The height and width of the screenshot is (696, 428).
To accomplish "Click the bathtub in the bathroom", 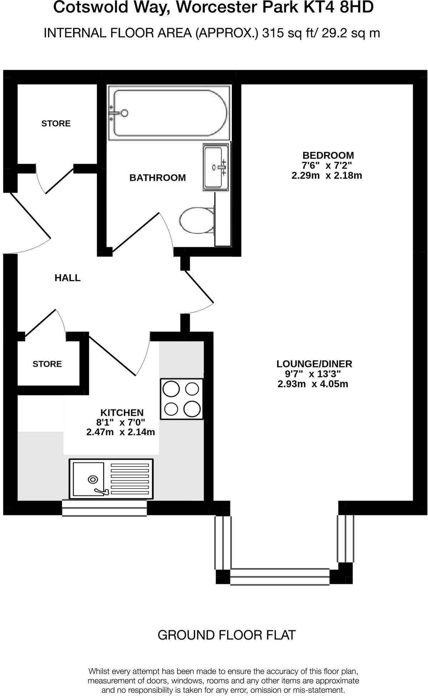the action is tap(169, 113).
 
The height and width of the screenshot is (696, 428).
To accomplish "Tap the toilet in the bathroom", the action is tap(197, 220).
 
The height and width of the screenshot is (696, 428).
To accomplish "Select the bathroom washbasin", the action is tap(216, 167).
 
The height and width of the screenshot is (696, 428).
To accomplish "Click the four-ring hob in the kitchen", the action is tap(182, 399).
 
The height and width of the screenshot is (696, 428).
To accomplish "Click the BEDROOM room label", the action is tap(328, 155).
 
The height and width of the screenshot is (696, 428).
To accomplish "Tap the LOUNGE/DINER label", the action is tap(314, 364).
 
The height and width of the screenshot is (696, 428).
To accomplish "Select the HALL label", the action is tap(67, 278).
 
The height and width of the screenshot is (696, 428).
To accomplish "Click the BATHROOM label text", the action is tap(157, 178).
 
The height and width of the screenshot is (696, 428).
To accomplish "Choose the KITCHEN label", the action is tap(122, 413).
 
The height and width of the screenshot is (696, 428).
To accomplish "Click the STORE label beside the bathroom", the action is tap(56, 123).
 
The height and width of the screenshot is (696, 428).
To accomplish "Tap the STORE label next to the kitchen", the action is tap(47, 364).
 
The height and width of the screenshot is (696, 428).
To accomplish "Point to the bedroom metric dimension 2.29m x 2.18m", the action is tap(327, 175).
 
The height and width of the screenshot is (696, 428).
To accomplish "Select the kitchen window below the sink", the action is tap(104, 508).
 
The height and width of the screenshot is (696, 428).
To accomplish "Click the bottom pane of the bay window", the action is tap(280, 577).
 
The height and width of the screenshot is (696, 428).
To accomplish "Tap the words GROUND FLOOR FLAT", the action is tap(226, 635).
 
